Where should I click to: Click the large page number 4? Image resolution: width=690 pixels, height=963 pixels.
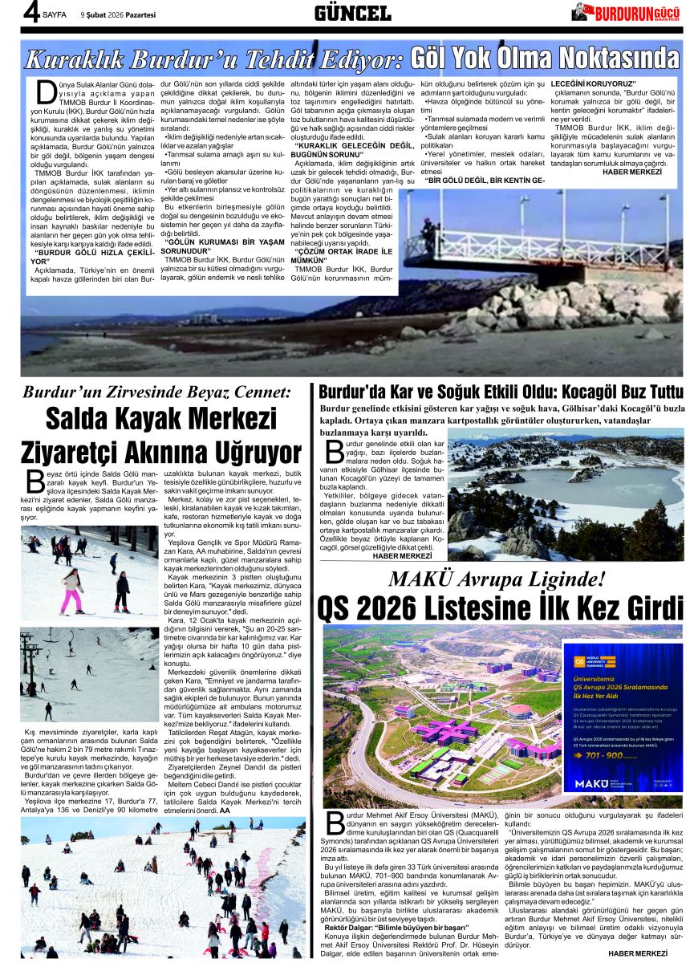coord(31,13)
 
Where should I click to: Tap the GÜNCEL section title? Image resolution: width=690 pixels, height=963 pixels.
coord(351,13)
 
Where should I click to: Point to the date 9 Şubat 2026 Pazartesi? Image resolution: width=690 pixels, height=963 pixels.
coord(118,14)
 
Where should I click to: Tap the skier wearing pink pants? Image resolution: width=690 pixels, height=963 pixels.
coord(71,590)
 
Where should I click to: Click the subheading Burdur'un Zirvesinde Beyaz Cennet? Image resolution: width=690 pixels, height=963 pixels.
coord(156,393)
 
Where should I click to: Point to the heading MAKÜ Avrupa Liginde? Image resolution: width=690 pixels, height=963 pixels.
coord(497,579)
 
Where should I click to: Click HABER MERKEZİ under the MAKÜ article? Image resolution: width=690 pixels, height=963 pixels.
coord(638,953)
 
